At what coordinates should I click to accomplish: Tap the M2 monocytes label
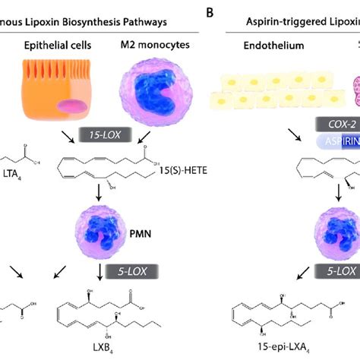157,46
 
